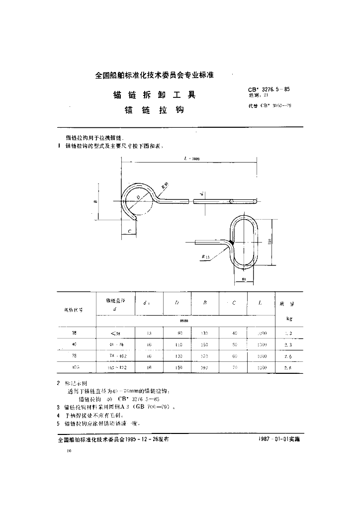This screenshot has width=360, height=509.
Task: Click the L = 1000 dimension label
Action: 191,158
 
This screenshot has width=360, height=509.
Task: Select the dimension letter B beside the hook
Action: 94,202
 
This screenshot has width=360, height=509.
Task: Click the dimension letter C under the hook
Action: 129,232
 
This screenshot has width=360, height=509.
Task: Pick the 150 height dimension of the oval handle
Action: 269,241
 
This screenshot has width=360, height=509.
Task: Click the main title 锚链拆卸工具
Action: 155,95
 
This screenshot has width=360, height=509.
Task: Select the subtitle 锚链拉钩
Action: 155,110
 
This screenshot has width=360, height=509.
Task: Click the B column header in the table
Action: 205,303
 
